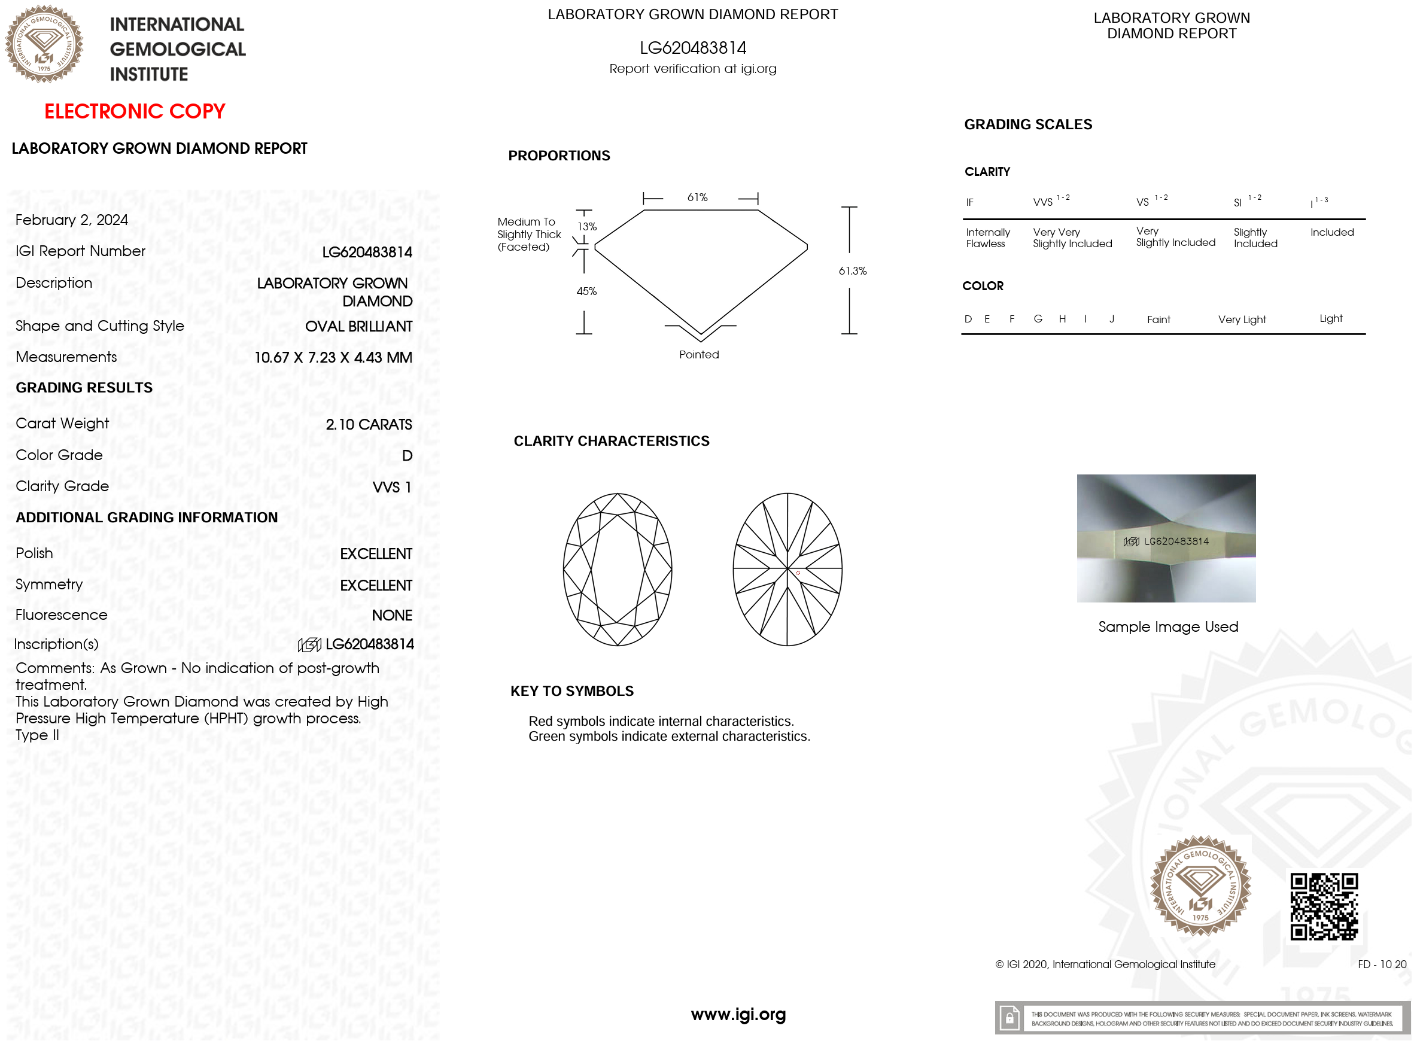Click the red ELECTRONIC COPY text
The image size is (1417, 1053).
[x=135, y=111]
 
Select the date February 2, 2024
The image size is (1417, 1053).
[x=71, y=220]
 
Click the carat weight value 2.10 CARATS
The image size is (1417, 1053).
[x=369, y=425]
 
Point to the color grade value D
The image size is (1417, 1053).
[x=408, y=456]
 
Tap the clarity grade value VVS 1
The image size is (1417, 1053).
[x=391, y=487]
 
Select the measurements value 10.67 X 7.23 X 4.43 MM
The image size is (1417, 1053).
[x=333, y=358]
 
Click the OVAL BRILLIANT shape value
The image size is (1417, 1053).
[x=358, y=326]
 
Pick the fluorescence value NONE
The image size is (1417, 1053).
[x=391, y=615]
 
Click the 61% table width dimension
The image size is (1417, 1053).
[x=697, y=197]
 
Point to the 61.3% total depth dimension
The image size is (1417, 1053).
[x=852, y=271]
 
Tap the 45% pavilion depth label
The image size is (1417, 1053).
[x=586, y=291]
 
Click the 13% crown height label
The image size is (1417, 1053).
[x=586, y=226]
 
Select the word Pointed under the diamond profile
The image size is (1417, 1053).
[x=698, y=354]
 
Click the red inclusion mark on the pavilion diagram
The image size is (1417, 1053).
[x=798, y=573]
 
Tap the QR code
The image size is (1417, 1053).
[x=1324, y=906]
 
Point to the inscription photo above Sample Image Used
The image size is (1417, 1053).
[x=1166, y=538]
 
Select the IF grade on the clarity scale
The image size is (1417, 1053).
[x=969, y=203]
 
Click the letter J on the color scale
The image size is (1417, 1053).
[x=1111, y=319]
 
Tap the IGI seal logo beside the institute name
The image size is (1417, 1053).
[x=44, y=44]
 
